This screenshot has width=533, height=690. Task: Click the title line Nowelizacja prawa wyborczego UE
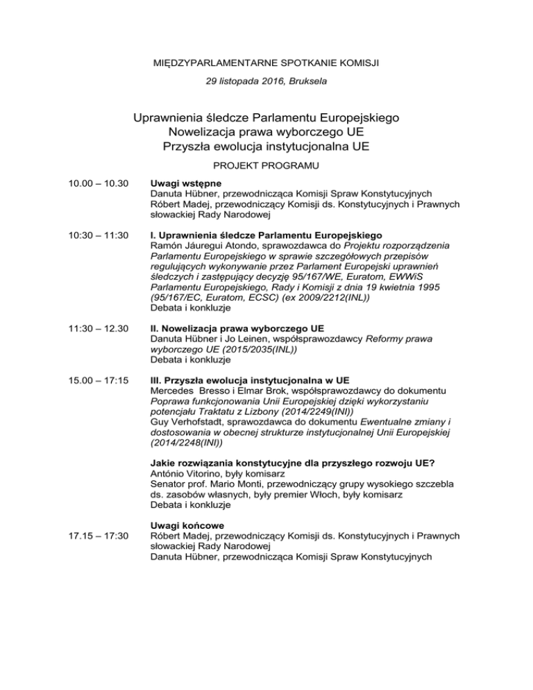(266, 131)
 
